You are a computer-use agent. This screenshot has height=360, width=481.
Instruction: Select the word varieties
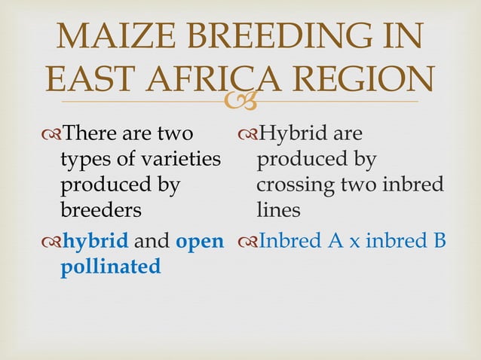coord(179,160)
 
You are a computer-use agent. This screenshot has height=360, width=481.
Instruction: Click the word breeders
coord(98,209)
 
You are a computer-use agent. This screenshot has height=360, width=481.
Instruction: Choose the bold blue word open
coord(199,241)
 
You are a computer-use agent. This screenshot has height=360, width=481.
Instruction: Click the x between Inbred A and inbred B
coord(360,243)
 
